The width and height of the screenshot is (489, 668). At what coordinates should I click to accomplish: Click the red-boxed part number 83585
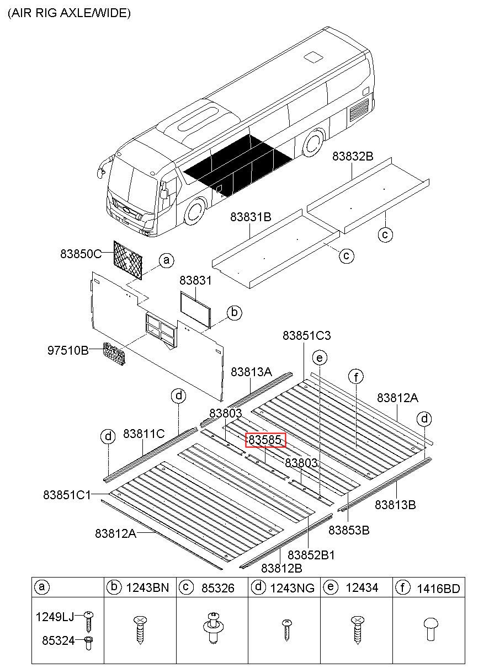pos(265,440)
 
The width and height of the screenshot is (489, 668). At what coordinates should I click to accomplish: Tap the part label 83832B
pos(353,157)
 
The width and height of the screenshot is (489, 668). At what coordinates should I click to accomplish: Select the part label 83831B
pos(251,217)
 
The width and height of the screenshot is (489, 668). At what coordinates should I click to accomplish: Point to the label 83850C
pos(81,254)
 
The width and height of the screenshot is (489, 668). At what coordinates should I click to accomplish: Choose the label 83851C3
pos(307,335)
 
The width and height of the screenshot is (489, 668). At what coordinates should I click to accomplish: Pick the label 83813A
pos(251,372)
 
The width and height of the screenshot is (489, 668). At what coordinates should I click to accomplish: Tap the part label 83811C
pos(144,434)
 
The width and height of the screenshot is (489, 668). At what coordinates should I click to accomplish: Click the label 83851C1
pos(67,495)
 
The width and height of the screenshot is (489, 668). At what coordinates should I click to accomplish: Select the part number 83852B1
pos(311,555)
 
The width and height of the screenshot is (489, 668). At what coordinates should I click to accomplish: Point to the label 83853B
pos(349,530)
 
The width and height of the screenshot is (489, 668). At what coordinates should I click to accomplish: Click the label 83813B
pos(396,504)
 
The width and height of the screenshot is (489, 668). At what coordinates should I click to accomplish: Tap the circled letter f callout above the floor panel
pos(357,377)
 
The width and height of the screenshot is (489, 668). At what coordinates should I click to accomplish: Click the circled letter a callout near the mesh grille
pos(166,260)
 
